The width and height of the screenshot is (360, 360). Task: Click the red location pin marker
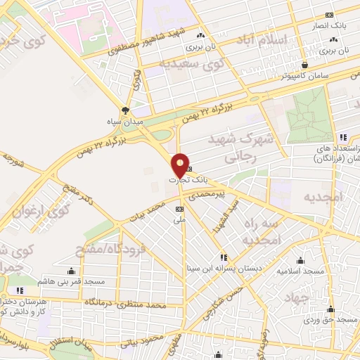180,166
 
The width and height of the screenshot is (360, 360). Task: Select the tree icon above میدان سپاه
125,110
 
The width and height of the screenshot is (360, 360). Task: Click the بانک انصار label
329,27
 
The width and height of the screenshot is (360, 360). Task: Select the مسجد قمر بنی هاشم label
73,281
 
